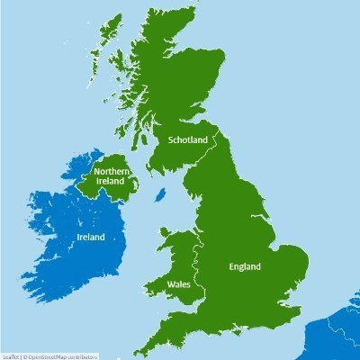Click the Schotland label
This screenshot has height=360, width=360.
(187, 139)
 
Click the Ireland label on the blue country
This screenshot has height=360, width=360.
(89, 238)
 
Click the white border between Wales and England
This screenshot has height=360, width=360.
(204, 270)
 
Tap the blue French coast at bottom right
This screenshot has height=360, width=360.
(337, 337)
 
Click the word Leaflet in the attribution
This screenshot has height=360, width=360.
(10, 355)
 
